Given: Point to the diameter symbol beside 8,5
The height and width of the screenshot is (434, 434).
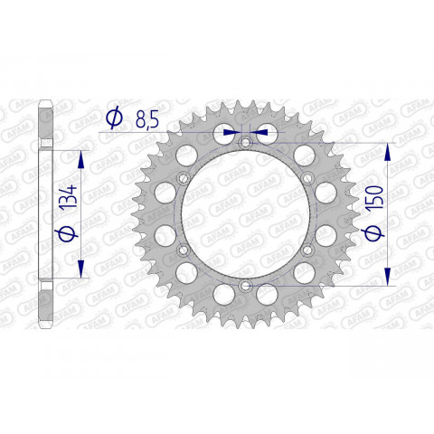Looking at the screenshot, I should [x=115, y=118].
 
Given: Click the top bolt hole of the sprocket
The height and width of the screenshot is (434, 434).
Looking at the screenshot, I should [x=244, y=143].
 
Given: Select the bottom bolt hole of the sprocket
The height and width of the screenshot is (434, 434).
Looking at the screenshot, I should [x=244, y=286].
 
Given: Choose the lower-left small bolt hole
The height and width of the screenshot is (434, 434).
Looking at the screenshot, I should [x=182, y=250].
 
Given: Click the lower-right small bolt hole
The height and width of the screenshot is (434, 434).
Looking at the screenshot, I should [x=307, y=250].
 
